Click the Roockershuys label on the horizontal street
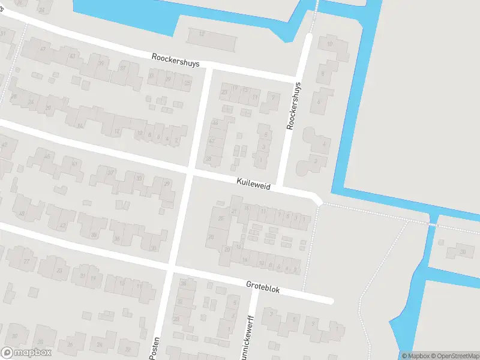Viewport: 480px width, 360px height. click(175, 61)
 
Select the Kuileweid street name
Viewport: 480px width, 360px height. click(253, 187)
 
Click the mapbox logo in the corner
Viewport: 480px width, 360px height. click(25, 353)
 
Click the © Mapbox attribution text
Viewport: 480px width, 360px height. click(414, 356)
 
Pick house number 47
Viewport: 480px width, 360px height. click(43, 48)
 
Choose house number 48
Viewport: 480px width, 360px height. click(22, 214)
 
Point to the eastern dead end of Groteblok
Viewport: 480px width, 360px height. click(329, 300)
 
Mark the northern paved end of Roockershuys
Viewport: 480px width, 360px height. click(310, 37)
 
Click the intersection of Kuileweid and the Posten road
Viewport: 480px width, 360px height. click(190, 175)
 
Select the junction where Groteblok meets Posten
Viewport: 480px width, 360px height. click(170, 268)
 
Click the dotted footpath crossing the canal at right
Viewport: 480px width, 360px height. click(429, 223)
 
